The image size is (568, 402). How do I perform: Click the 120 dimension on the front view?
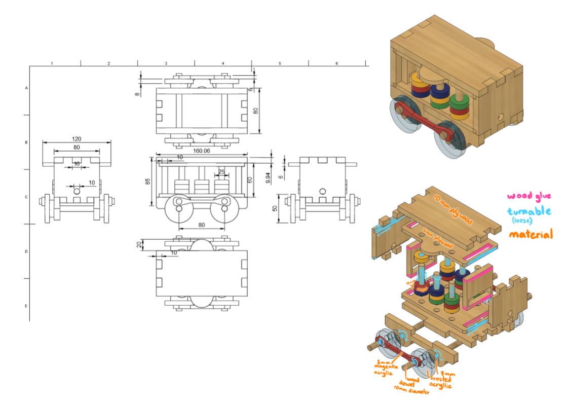click(76, 138)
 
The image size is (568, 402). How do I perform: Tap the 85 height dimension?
click(147, 181)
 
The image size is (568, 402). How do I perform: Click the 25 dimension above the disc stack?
click(221, 172)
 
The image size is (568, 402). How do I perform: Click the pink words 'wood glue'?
click(528, 196)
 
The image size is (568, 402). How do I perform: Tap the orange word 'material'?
click(530, 234)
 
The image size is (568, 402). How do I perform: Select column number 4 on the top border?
click(222, 63)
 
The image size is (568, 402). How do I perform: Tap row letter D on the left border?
click(26, 251)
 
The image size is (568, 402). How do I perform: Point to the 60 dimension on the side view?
click(249, 179)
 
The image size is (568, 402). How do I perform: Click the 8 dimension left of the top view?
click(137, 94)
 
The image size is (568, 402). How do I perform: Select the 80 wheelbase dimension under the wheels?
click(202, 225)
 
